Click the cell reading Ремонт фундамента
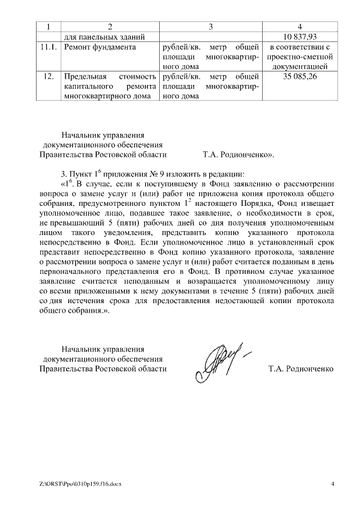pyautogui.click(x=100, y=47)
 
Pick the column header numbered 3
pyautogui.click(x=210, y=26)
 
